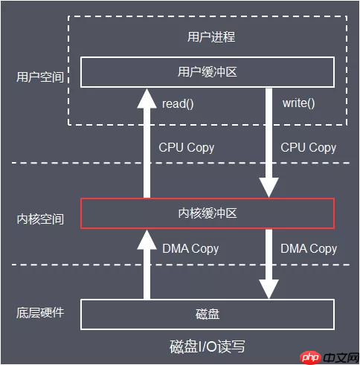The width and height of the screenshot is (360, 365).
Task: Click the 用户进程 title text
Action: coord(208,36)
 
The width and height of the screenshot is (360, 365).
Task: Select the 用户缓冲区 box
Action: coord(208,72)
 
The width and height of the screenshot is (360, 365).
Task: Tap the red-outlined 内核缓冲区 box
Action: coord(208,214)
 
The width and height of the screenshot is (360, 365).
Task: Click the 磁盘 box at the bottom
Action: coord(208,314)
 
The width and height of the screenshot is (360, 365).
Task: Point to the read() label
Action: coord(178,103)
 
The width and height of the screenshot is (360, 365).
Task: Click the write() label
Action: coord(299,103)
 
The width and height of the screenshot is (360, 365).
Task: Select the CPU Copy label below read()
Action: coord(187,147)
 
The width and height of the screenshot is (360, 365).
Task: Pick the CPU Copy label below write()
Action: coord(309,147)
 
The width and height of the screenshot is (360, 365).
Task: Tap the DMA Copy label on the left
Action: coord(190,248)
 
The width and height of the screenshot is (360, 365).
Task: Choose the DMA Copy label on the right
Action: coord(309,248)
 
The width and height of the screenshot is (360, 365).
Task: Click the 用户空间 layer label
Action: coord(40,77)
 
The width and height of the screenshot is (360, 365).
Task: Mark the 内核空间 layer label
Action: coord(40,219)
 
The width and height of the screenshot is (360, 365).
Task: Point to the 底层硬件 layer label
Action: coord(40,312)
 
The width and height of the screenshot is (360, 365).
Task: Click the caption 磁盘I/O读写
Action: coord(208,346)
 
